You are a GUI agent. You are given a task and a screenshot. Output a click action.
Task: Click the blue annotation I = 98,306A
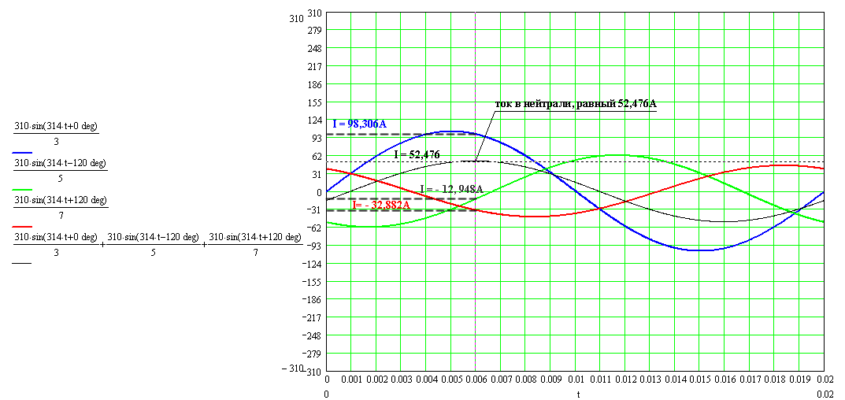coord(359,124)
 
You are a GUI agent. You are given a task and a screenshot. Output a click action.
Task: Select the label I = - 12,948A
coord(451,189)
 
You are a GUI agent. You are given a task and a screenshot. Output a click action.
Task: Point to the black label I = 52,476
coord(417,154)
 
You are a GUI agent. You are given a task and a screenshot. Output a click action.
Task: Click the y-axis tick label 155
coord(314,102)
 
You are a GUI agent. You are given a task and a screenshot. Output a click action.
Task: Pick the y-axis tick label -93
coord(312,246)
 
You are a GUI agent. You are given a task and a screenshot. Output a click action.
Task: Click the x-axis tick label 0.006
coord(476,380)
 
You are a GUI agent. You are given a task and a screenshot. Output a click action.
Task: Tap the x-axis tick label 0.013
coord(650,380)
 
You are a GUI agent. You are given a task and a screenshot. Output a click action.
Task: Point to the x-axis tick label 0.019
coord(799,380)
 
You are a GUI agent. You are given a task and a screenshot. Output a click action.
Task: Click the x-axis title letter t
coord(577,393)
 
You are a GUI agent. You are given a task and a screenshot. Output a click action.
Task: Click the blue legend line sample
coord(23,152)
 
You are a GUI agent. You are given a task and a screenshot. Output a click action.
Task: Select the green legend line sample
coord(23,189)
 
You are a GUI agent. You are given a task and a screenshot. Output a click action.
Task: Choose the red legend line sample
coord(23,226)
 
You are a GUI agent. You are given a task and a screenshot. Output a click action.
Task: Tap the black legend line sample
coord(23,263)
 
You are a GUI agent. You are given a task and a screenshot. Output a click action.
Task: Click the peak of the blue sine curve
coord(451,131)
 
